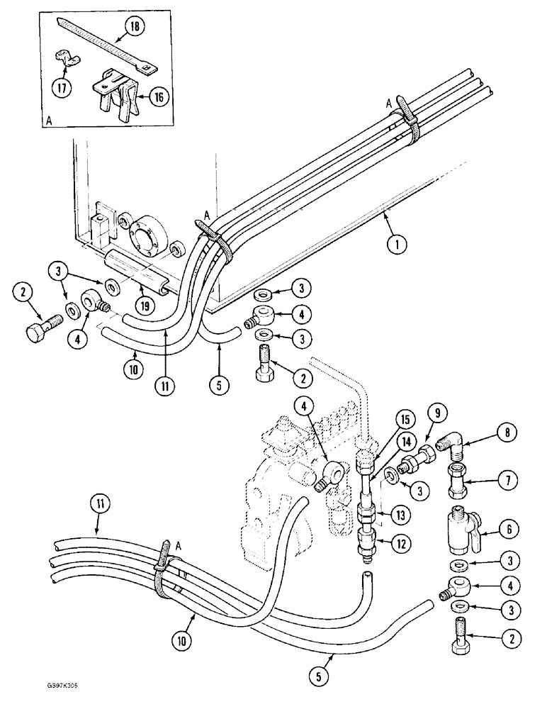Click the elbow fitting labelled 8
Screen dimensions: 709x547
451,445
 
